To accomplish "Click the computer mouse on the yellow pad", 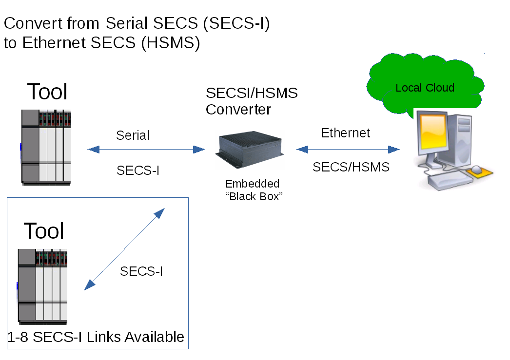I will [x=476, y=170].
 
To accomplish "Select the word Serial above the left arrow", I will [x=133, y=135].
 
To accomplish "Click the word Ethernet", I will [x=345, y=133].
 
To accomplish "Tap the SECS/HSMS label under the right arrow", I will [x=351, y=167].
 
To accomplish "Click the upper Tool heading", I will [x=47, y=92].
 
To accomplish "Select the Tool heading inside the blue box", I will [x=44, y=231].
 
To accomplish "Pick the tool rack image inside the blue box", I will [x=42, y=286].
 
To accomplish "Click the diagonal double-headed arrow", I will [x=124, y=249].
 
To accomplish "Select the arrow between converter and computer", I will [x=348, y=149].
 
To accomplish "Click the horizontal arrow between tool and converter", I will [x=146, y=149].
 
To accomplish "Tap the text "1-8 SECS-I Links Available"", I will [x=96, y=337].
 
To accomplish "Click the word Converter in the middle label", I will [x=238, y=110].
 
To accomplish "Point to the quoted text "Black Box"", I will [x=255, y=196].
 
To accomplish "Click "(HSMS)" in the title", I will [x=170, y=43].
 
